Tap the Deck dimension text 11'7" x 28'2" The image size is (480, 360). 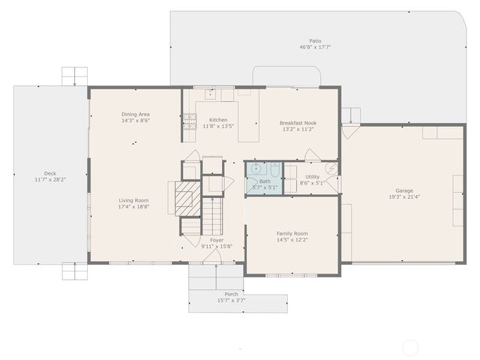[50, 180]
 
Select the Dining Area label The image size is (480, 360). [136, 114]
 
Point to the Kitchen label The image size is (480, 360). [218, 120]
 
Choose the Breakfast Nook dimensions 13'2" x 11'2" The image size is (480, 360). [298, 129]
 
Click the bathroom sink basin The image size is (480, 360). [256, 169]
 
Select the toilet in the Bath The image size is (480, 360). [274, 169]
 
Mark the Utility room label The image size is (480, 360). [312, 177]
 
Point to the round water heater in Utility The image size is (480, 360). [331, 168]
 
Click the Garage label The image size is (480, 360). [404, 190]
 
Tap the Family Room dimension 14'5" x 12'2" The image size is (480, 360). [292, 240]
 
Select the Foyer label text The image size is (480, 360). [217, 240]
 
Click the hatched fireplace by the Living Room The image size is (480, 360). [185, 198]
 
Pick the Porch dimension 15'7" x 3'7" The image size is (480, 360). [232, 300]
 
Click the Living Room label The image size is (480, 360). [133, 200]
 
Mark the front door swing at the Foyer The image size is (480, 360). [212, 257]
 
